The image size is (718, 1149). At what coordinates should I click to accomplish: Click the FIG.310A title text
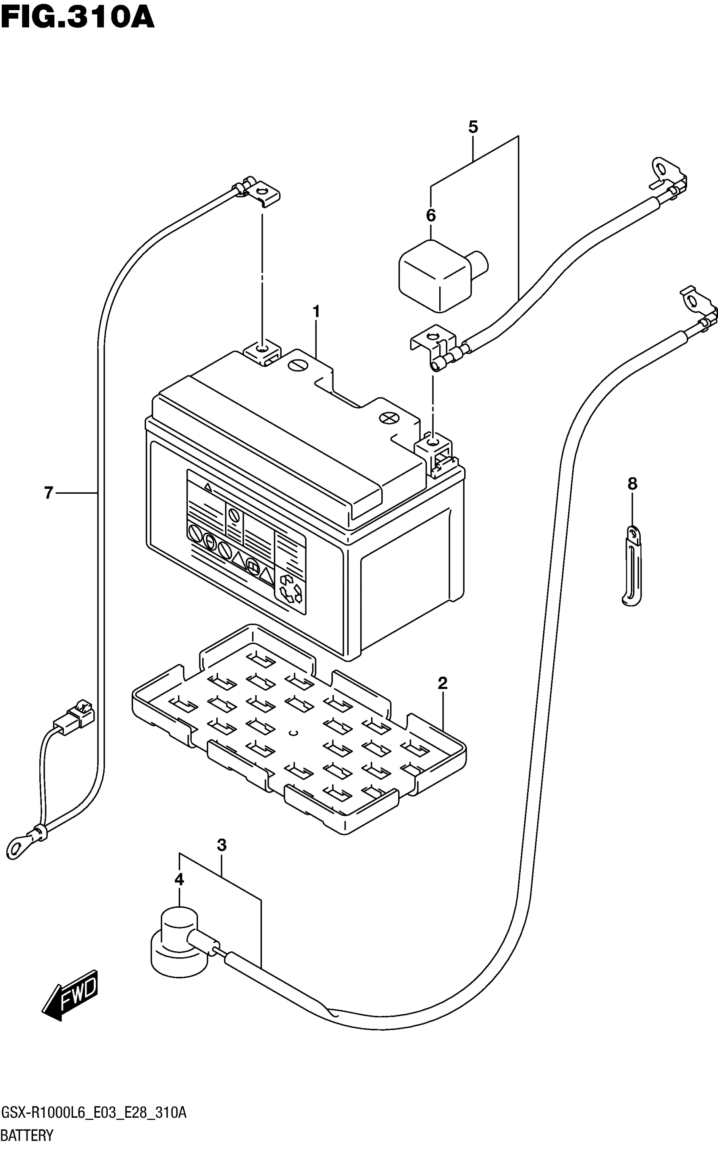tap(77, 18)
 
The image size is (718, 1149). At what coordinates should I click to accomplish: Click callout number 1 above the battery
tap(316, 312)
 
